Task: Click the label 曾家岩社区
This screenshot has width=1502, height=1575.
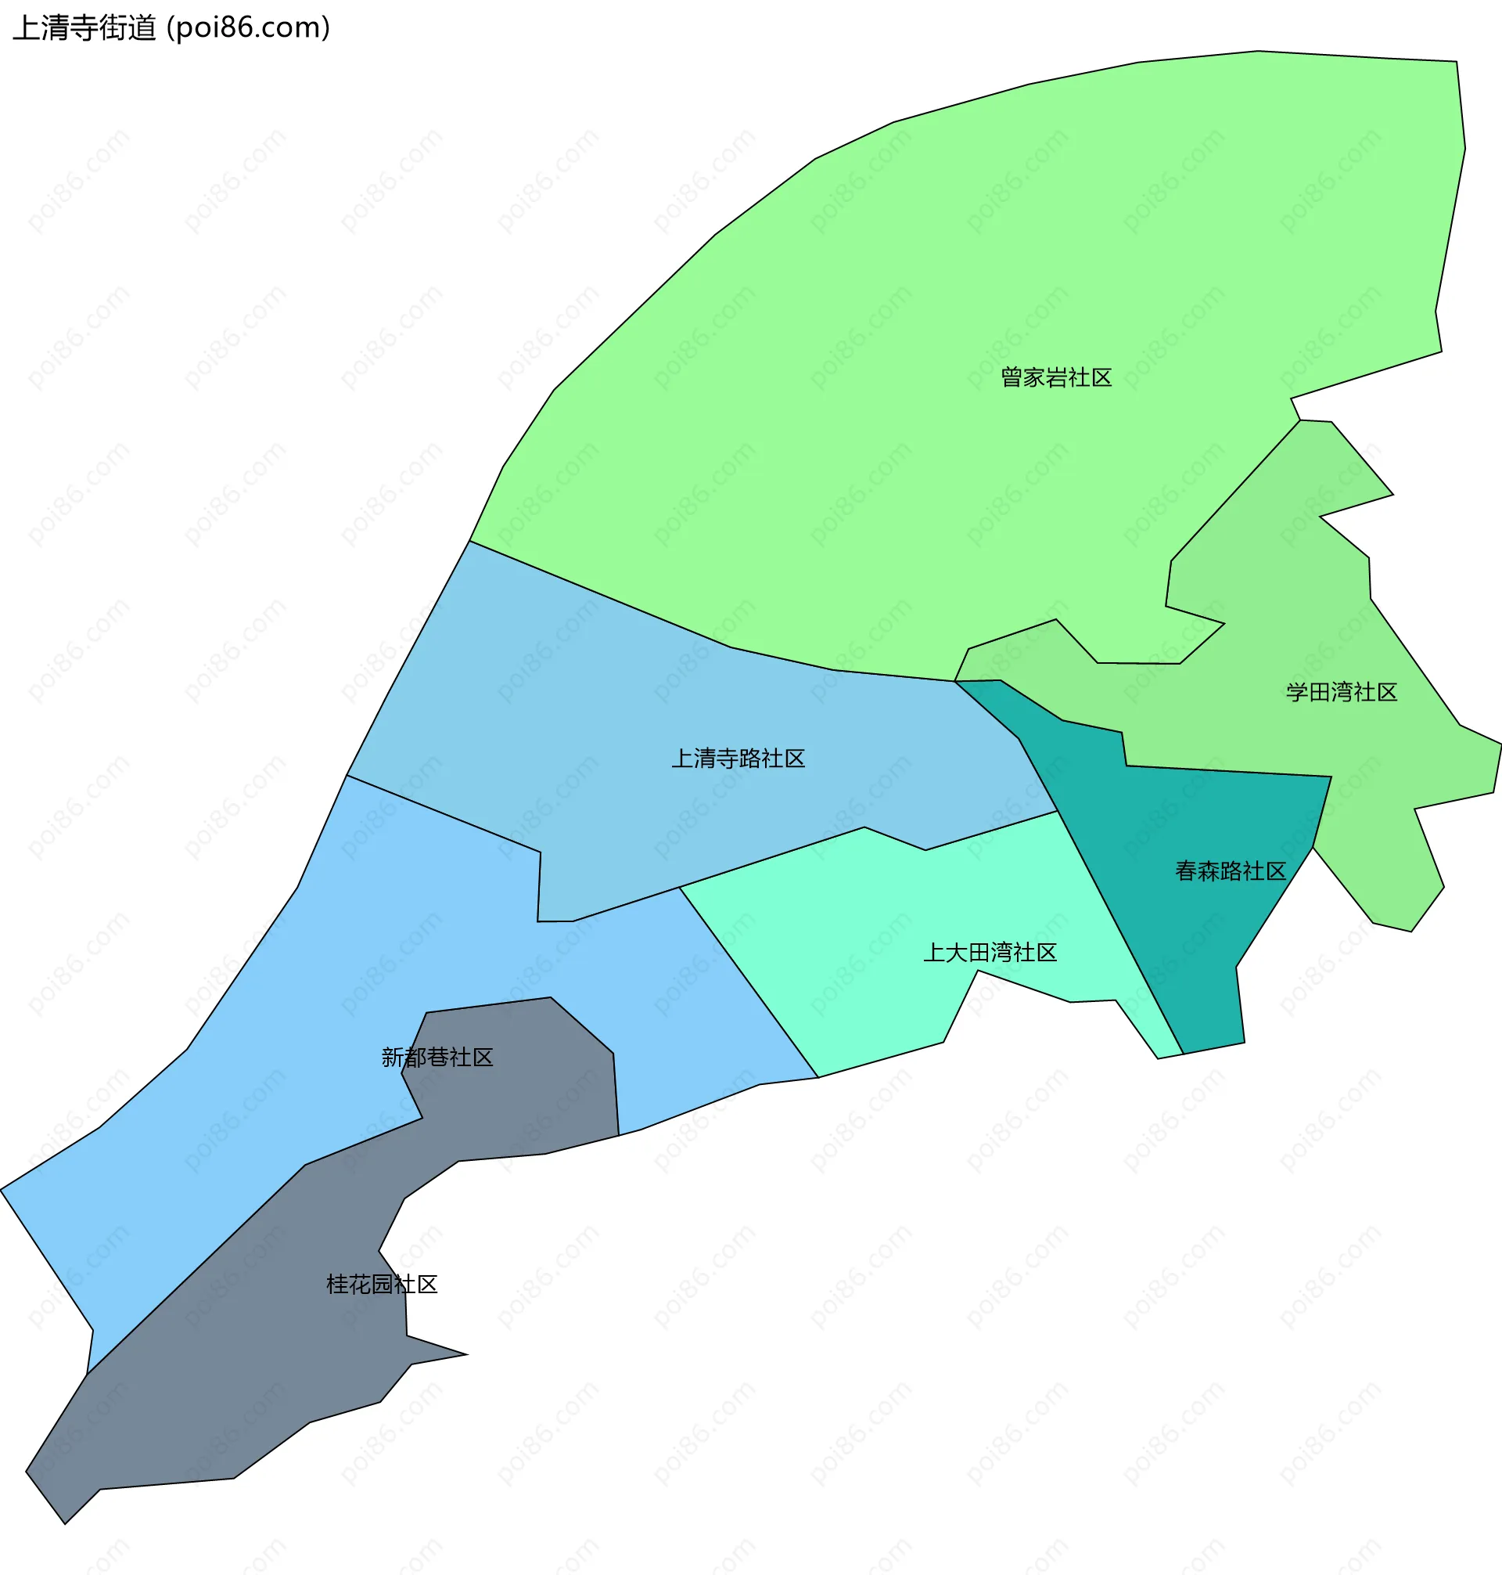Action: pos(1056,377)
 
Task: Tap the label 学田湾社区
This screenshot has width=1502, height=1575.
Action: pos(1341,692)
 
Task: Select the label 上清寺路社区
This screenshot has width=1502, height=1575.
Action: pos(738,759)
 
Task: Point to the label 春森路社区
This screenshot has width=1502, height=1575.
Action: pos(1230,870)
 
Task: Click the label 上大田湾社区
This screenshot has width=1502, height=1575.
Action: pos(990,953)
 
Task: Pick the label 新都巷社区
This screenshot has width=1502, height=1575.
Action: pos(437,1058)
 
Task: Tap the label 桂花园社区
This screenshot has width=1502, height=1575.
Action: pos(382,1285)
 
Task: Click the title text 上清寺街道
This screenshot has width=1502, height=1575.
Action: pos(84,28)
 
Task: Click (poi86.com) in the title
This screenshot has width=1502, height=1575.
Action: pos(248,28)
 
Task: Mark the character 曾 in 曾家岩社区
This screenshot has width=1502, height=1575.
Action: pos(1012,377)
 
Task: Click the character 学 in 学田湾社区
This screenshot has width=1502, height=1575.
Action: pos(1297,692)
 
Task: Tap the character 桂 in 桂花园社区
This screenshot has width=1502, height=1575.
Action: pos(337,1285)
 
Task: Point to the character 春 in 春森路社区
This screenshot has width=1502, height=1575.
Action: pos(1186,870)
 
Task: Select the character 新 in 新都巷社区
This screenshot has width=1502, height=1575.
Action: pos(392,1058)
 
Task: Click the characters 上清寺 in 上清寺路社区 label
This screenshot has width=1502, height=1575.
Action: pos(705,759)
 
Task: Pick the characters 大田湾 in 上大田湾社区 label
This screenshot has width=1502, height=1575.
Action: pos(979,953)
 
